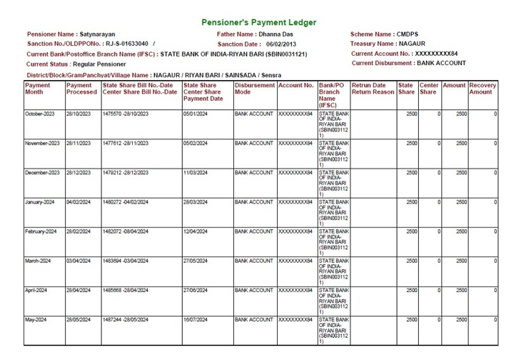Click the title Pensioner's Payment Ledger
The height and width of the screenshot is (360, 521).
(x=259, y=23)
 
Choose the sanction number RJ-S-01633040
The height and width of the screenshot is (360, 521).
(x=126, y=44)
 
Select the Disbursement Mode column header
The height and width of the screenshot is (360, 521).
(x=254, y=89)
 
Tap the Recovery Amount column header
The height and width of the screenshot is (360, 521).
(x=483, y=89)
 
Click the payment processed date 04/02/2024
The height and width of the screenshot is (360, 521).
(x=79, y=202)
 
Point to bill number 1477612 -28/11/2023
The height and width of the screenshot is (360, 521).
(x=126, y=144)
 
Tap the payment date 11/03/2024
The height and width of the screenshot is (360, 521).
(x=195, y=173)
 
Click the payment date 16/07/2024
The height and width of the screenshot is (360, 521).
(x=195, y=319)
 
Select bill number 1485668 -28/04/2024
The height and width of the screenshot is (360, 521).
(x=126, y=290)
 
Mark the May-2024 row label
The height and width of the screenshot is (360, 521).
(x=35, y=319)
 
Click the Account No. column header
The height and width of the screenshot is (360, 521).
(x=296, y=85)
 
